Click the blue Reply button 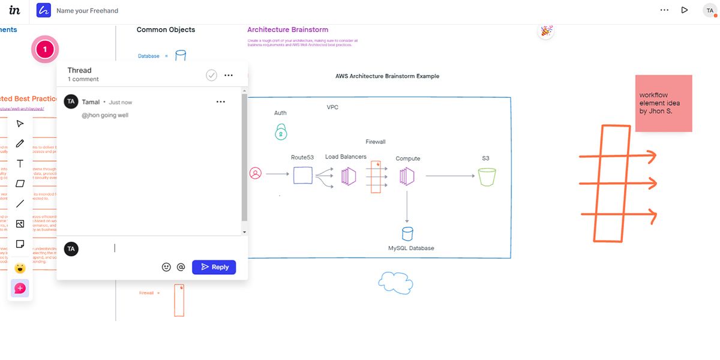pos(214,267)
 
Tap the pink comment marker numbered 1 pos(44,49)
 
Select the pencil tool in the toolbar pos(20,143)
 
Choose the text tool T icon pos(20,164)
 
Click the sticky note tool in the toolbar pos(20,244)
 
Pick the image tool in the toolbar pos(20,224)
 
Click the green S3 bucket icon pos(487,176)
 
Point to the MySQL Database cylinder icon pos(407,233)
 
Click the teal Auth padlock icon pos(280,131)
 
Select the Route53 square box pos(302,175)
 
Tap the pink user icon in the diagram pos(256,173)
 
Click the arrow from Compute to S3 pos(450,176)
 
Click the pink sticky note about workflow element pos(663,103)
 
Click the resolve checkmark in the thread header pos(211,75)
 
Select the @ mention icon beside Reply pos(181,267)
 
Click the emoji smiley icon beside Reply pos(166,267)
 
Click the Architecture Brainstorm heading pos(287,29)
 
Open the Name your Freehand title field pos(87,10)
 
